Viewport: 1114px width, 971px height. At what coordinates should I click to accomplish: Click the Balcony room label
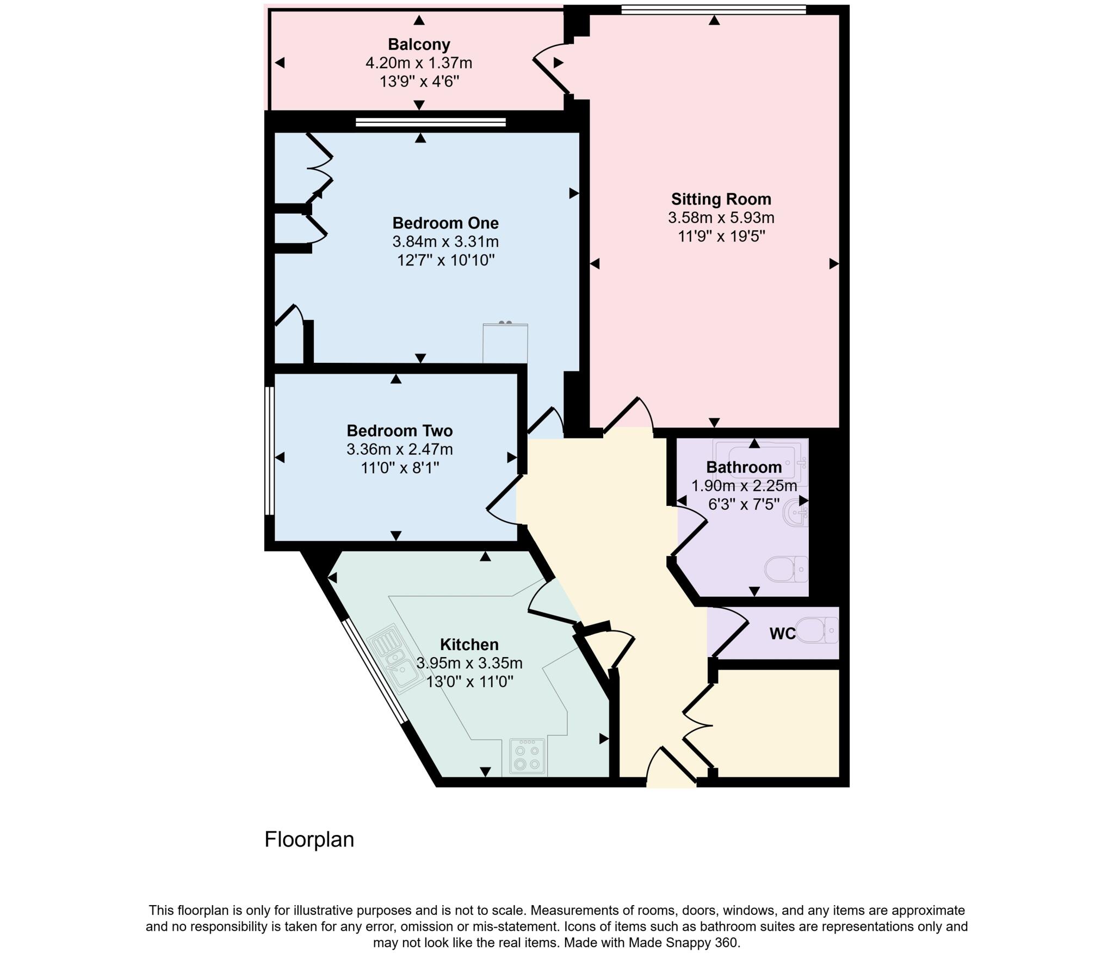tap(419, 44)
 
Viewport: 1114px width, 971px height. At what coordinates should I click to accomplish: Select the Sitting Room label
tap(721, 199)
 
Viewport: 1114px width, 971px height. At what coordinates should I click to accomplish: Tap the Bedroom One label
tap(445, 223)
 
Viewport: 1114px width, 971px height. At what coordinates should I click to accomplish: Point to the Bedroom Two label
tap(399, 431)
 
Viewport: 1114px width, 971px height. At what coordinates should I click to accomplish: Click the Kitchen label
tap(469, 645)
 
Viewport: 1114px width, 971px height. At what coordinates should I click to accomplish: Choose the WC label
tap(782, 633)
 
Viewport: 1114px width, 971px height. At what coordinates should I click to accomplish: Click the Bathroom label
tap(744, 467)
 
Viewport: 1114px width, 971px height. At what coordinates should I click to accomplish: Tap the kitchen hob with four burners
tap(527, 756)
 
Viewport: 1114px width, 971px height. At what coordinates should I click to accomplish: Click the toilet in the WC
tap(818, 630)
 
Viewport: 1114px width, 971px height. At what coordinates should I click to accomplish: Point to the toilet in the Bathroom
tap(787, 569)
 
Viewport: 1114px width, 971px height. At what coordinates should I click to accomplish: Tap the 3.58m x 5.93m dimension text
tap(721, 218)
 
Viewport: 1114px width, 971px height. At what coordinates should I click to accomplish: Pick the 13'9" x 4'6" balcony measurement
tap(419, 82)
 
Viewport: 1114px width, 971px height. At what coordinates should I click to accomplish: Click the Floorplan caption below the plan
tap(309, 839)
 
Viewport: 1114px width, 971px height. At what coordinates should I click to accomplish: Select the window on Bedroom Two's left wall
tap(269, 450)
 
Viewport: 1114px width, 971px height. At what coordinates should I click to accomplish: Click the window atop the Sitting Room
tap(713, 9)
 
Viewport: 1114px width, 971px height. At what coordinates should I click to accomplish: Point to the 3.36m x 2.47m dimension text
tap(399, 449)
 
